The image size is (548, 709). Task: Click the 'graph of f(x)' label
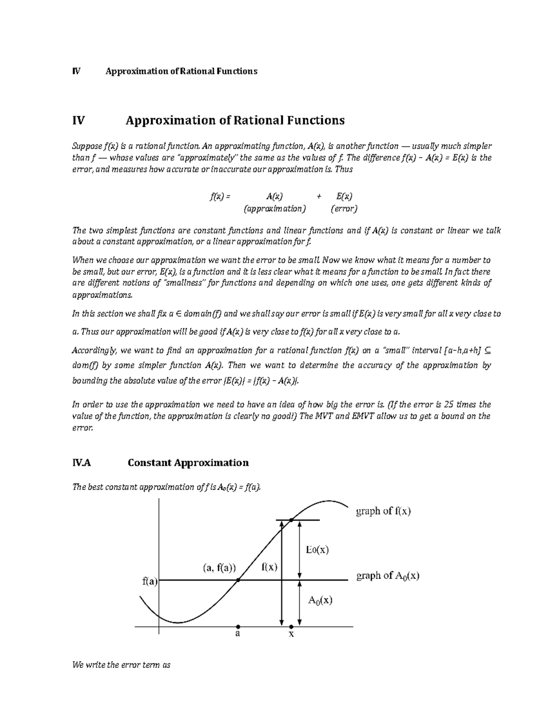(x=383, y=511)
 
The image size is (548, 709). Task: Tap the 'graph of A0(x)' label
(x=387, y=576)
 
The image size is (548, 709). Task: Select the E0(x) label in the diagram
(x=317, y=550)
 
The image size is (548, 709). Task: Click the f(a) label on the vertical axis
(x=150, y=582)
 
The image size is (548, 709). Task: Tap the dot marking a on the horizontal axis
(x=238, y=627)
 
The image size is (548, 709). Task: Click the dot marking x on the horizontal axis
(x=291, y=627)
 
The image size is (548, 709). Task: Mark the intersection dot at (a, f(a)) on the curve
(x=238, y=580)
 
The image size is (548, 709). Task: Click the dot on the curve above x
(x=291, y=520)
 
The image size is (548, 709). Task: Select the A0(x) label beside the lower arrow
(x=320, y=600)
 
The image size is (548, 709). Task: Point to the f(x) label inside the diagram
(x=269, y=567)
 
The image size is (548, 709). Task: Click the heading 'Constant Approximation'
(x=188, y=463)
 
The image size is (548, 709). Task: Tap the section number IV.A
(x=82, y=463)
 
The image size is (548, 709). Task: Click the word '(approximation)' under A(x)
(x=274, y=209)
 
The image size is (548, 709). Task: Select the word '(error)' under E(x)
(x=344, y=209)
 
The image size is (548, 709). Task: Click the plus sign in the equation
(x=319, y=197)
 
